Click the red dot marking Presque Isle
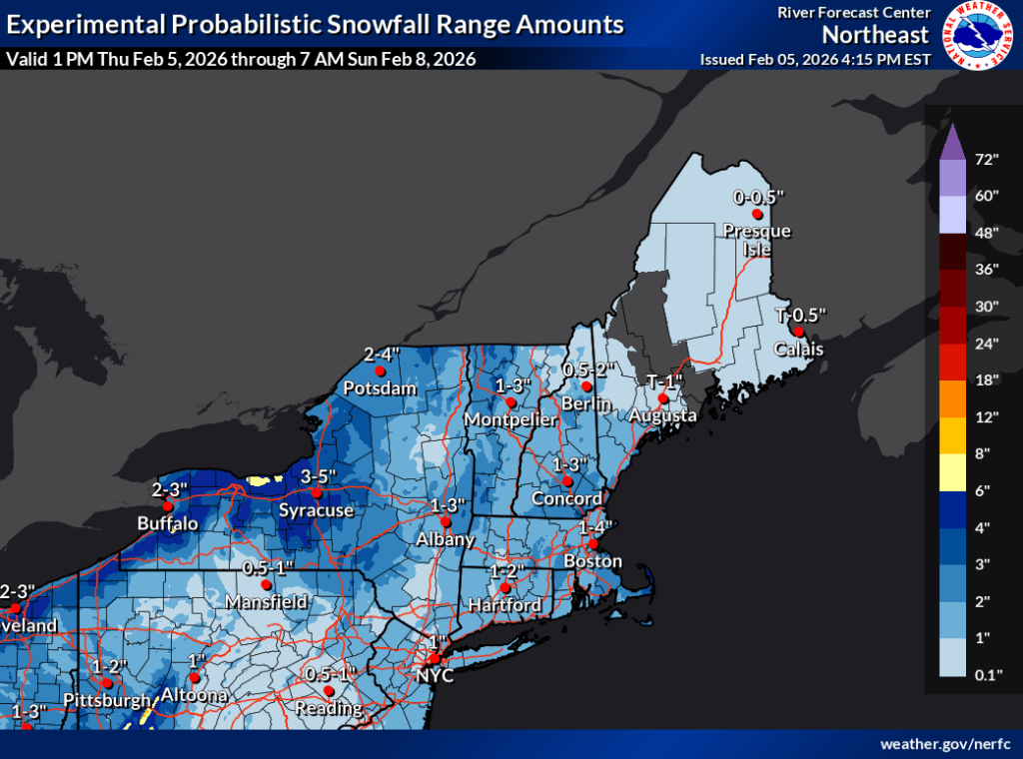[x=757, y=214]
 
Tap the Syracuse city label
[x=316, y=510]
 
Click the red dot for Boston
[x=592, y=544]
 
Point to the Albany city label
[x=446, y=539]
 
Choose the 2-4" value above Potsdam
[x=382, y=354]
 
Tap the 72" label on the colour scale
[x=988, y=160]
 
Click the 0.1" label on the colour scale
[x=988, y=676]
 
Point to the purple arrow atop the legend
[x=953, y=142]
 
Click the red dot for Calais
[x=798, y=332]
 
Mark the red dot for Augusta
[x=662, y=398]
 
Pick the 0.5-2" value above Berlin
[x=586, y=369]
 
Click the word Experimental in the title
[x=84, y=24]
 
